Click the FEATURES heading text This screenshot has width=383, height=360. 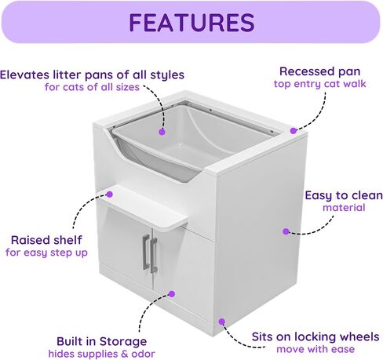(191, 23)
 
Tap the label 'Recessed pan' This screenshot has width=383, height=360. (319, 71)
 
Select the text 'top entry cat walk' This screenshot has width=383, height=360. (319, 84)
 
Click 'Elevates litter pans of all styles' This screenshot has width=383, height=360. (92, 75)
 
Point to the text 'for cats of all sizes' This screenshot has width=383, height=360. (92, 87)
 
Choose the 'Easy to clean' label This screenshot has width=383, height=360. (344, 195)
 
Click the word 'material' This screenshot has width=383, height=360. (344, 208)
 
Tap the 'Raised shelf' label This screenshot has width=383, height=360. (46, 240)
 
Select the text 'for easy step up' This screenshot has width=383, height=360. (46, 253)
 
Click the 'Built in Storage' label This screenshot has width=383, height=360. (101, 341)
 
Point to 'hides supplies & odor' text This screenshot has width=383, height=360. (101, 354)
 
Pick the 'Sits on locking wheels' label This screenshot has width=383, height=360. (316, 336)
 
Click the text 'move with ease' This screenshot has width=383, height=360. (316, 349)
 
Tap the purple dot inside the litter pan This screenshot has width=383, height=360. (162, 132)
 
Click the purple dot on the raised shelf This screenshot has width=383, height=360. (110, 195)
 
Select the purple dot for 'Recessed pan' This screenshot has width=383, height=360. (294, 130)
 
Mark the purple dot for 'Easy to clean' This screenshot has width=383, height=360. (286, 231)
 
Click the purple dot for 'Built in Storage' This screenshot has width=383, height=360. (172, 294)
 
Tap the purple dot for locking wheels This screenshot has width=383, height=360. (222, 322)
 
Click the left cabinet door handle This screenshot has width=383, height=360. (146, 252)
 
